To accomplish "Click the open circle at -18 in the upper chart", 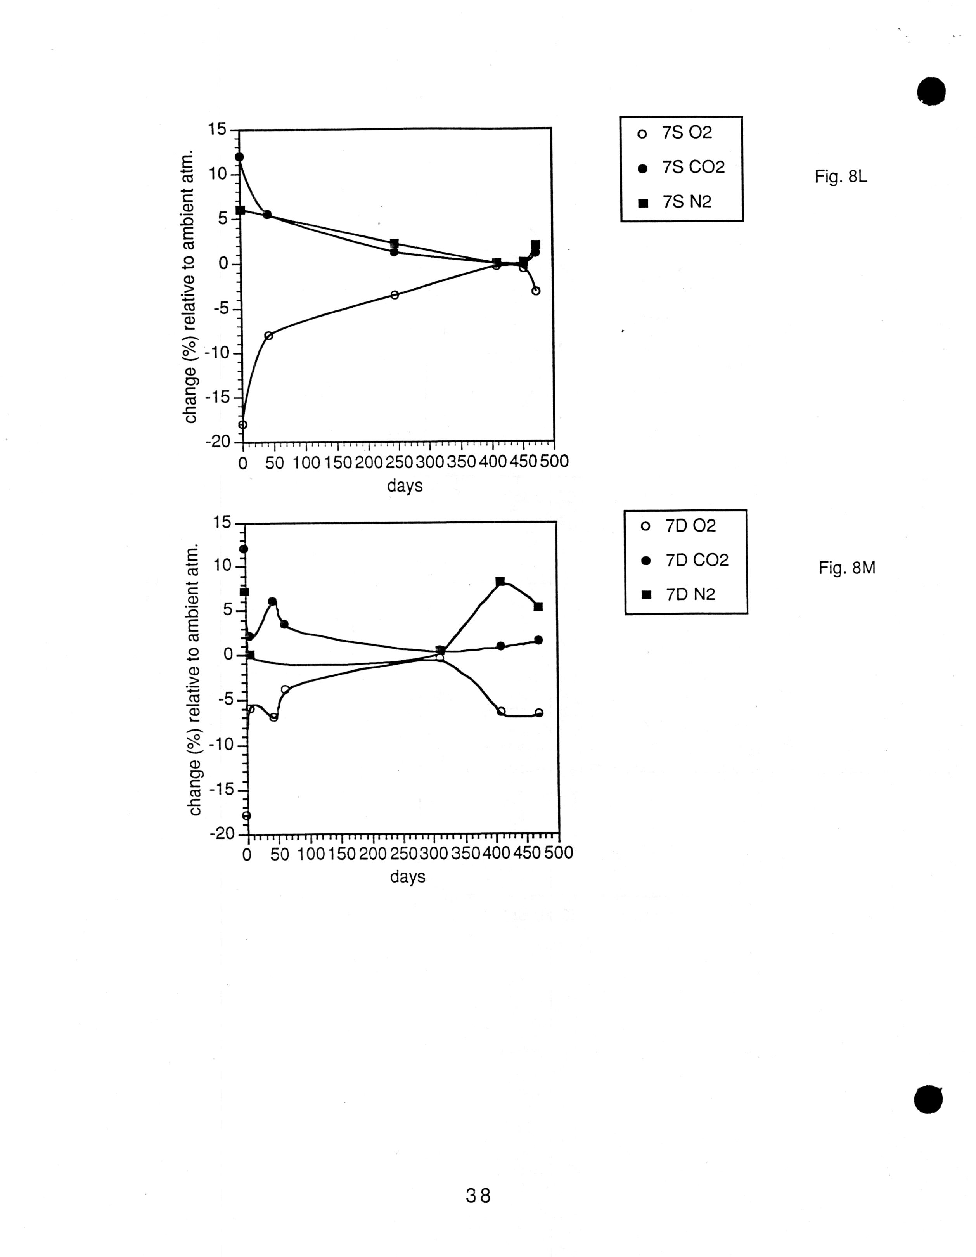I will click(243, 425).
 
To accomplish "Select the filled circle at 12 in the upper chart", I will click(239, 157).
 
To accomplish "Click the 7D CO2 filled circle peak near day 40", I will click(272, 601).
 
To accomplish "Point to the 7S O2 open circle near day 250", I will click(394, 295).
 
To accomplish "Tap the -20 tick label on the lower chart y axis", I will click(223, 834).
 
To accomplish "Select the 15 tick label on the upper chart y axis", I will click(218, 130).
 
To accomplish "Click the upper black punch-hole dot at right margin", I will click(931, 91).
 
